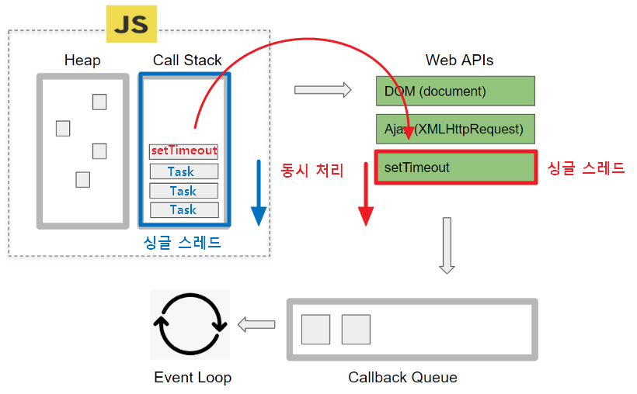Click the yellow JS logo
131,24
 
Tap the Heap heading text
82,60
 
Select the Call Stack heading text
187,60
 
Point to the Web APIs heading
459,60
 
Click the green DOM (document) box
455,91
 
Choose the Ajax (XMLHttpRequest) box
455,129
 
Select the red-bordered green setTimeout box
455,168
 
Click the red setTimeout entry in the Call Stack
184,151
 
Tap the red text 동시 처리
312,170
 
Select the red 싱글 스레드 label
586,168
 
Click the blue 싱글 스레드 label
183,243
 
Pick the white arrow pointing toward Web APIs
322,90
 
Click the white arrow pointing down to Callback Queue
447,246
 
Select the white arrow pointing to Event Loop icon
256,325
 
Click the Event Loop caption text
193,378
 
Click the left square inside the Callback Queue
316,330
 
